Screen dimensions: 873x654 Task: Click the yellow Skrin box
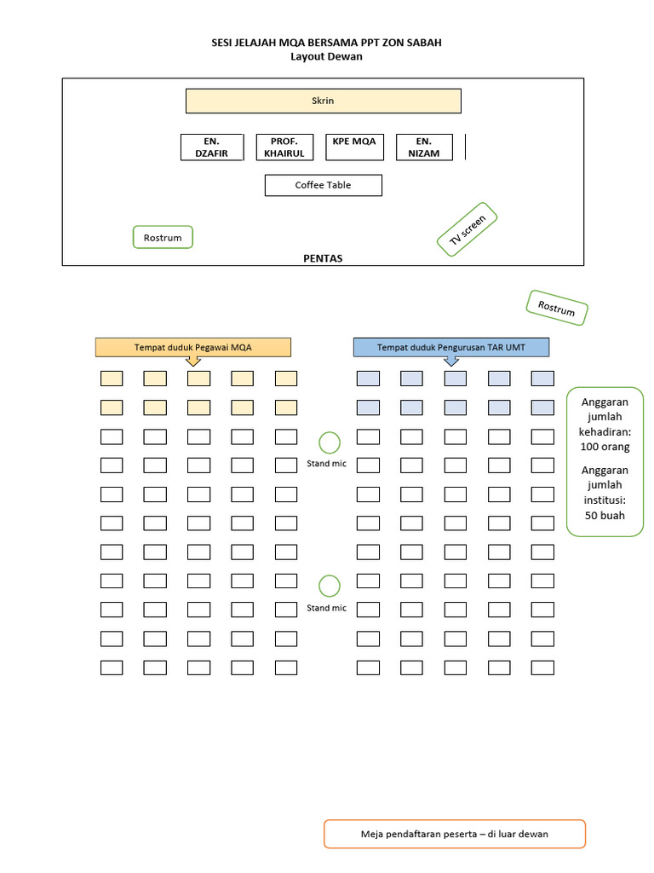323,101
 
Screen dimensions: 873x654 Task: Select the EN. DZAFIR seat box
212,147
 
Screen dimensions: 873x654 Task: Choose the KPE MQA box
354,147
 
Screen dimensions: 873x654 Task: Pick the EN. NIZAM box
423,147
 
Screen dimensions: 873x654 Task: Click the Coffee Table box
323,185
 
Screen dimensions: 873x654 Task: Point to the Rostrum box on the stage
163,237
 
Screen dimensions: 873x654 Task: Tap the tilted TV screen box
468,229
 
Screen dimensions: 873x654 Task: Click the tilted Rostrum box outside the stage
557,308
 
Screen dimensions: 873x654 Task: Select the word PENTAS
323,258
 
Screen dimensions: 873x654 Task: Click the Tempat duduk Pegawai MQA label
193,347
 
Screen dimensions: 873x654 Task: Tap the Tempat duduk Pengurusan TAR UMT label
450,347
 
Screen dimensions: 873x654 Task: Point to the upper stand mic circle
330,442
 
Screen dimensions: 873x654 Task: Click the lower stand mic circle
330,586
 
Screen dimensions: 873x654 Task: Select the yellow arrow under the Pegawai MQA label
193,361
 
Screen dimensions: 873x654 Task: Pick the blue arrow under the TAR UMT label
450,361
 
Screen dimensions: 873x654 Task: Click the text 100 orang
605,447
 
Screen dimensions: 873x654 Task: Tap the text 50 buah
605,515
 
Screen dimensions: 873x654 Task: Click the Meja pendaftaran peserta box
454,834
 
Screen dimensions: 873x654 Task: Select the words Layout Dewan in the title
326,57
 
